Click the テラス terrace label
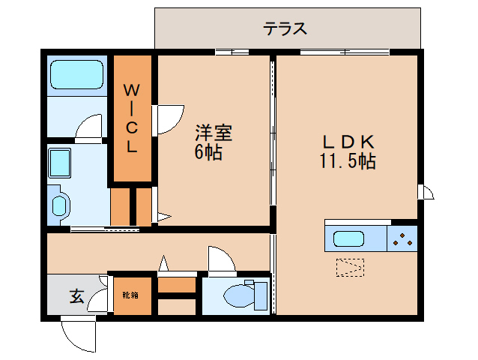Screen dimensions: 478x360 coord(285,28)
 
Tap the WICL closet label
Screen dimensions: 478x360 coord(131,118)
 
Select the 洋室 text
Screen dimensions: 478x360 coord(214,133)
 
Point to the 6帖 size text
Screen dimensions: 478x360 coord(208,151)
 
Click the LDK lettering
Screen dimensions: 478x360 coord(348,142)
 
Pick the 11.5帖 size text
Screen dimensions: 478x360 coord(347,160)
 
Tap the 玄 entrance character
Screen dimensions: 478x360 coord(77,296)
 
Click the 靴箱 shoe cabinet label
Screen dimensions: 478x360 coord(130,295)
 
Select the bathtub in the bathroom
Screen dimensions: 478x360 coord(76,75)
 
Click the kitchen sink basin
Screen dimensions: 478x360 coord(348,238)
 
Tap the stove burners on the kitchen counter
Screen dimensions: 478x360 coord(402,239)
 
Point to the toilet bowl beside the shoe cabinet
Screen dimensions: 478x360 coord(240,295)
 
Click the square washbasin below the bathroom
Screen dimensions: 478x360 coord(60,163)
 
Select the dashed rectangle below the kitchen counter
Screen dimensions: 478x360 coord(350,268)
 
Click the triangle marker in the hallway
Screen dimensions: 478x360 coord(163,263)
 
